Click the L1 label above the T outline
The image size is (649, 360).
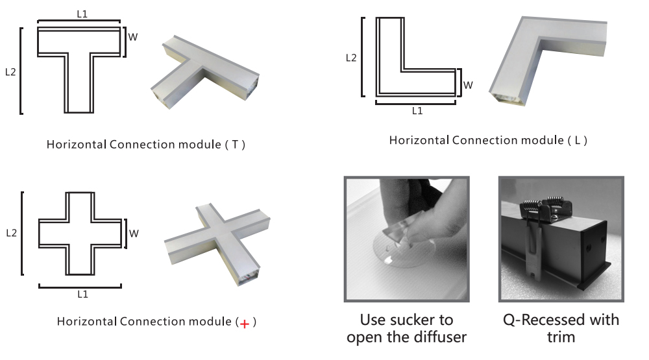pyautogui.click(x=82, y=14)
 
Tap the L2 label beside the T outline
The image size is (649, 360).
pyautogui.click(x=10, y=72)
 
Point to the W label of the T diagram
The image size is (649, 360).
pyautogui.click(x=132, y=37)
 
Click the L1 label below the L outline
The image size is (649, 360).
pyautogui.click(x=417, y=111)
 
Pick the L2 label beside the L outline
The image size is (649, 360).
pyautogui.click(x=351, y=58)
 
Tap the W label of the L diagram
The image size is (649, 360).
pyautogui.click(x=468, y=85)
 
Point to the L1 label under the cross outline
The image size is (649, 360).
pyautogui.click(x=83, y=294)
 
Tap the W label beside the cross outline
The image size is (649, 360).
pyautogui.click(x=134, y=234)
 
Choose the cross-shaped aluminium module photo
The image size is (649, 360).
pyautogui.click(x=217, y=243)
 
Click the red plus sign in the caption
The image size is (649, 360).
pyautogui.click(x=245, y=324)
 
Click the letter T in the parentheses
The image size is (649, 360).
pyautogui.click(x=235, y=145)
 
